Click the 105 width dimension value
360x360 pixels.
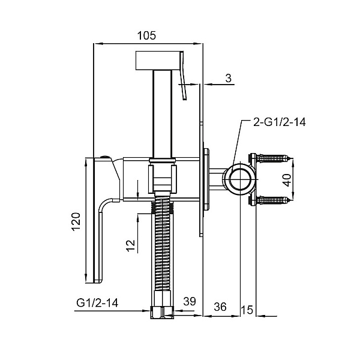[146, 35]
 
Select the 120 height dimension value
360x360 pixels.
[76, 222]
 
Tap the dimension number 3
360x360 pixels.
[228, 78]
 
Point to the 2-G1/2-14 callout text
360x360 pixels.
[280, 122]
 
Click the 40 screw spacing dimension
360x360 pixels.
[287, 180]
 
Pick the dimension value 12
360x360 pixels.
[131, 245]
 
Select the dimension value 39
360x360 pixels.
[190, 301]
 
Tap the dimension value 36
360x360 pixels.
[220, 307]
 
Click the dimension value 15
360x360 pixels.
[247, 310]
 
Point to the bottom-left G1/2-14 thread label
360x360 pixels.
[97, 302]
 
